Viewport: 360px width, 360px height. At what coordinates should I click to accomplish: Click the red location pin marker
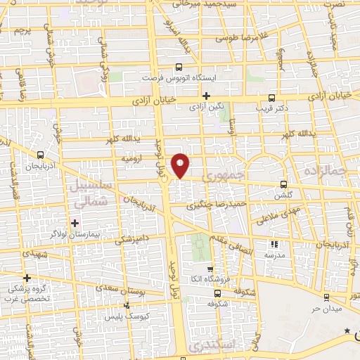(x=181, y=165)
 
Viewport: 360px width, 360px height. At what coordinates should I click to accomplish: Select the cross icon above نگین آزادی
(x=206, y=96)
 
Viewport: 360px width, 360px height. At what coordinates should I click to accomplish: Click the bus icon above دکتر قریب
(x=272, y=98)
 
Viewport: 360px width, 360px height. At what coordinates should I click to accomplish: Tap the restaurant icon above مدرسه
(x=274, y=245)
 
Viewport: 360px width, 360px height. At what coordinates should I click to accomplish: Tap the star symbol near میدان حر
(x=346, y=330)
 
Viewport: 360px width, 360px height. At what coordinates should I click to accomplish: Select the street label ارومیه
(x=133, y=159)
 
